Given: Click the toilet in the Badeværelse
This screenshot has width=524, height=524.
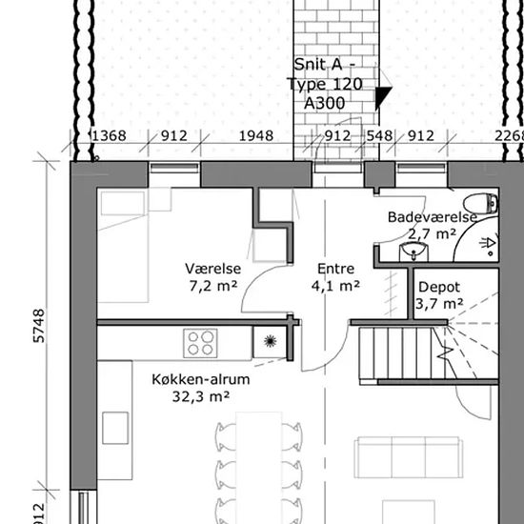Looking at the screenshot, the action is click(480, 204).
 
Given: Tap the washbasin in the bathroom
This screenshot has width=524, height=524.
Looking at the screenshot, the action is click(413, 252).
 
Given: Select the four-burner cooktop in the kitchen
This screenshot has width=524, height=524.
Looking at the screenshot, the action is click(200, 343).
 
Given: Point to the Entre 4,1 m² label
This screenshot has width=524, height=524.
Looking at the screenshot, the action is click(335, 277).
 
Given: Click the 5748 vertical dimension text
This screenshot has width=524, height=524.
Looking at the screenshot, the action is click(39, 326).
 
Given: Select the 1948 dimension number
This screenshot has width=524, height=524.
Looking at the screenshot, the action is click(256, 136).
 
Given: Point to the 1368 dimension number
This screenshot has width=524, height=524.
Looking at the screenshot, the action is click(109, 136).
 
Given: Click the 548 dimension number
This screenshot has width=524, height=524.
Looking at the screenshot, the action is click(379, 136).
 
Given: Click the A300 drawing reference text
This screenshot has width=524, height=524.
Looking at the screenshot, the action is click(324, 103).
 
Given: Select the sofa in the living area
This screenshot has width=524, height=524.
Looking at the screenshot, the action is click(409, 457).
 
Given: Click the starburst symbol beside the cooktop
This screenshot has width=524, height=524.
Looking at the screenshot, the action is click(270, 341).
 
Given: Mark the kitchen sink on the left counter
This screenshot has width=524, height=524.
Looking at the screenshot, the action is click(115, 428).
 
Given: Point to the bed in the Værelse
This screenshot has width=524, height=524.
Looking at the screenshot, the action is click(123, 246).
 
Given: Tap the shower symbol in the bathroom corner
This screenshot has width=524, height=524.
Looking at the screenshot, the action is click(488, 244).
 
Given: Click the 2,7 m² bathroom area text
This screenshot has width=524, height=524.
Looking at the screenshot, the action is click(433, 234).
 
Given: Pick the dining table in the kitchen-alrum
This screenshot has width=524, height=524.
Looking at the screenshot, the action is click(259, 468).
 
